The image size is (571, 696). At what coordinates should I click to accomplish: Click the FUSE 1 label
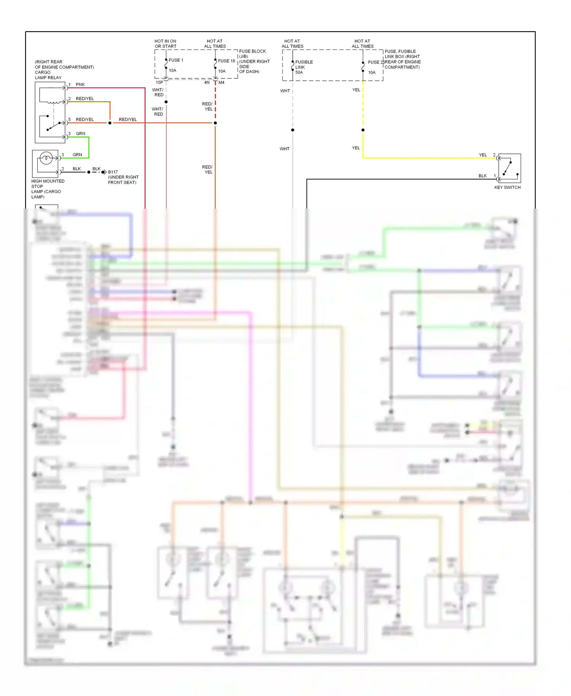(x=176, y=60)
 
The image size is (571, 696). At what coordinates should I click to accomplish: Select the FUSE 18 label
(x=226, y=61)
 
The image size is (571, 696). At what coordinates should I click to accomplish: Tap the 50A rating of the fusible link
(x=299, y=72)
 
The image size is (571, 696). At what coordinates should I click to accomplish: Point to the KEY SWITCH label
(x=507, y=187)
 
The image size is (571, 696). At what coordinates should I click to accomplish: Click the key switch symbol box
(x=509, y=168)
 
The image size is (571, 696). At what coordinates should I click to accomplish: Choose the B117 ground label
(x=113, y=172)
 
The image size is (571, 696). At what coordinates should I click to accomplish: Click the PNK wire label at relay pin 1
(x=80, y=85)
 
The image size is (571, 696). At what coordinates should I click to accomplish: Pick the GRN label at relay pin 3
(x=80, y=134)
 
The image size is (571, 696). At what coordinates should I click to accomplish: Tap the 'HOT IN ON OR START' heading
(x=166, y=44)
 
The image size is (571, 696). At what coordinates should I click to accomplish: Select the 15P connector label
(x=159, y=82)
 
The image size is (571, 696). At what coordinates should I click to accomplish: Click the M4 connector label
(x=222, y=82)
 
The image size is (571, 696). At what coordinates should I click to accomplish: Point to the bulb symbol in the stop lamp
(x=46, y=158)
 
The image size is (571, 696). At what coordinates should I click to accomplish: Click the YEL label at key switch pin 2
(x=483, y=155)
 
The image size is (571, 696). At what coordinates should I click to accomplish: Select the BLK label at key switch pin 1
(x=483, y=176)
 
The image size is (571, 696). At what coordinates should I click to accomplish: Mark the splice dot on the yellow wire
(x=363, y=130)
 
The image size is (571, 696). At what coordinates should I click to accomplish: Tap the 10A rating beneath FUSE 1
(x=172, y=70)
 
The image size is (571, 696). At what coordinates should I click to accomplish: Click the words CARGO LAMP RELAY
(x=48, y=75)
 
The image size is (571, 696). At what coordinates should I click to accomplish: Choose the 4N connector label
(x=207, y=82)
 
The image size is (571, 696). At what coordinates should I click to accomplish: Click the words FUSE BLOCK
(x=252, y=51)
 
